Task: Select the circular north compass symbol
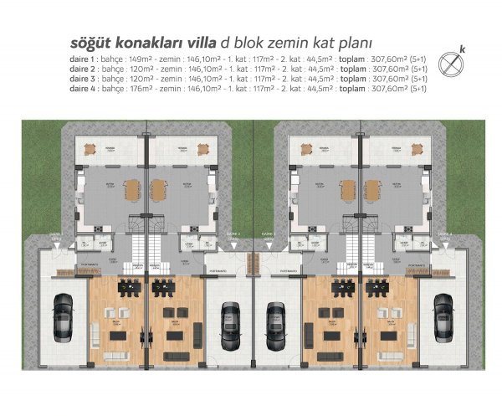click(x=453, y=62)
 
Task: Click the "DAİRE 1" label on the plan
click(x=56, y=235)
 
